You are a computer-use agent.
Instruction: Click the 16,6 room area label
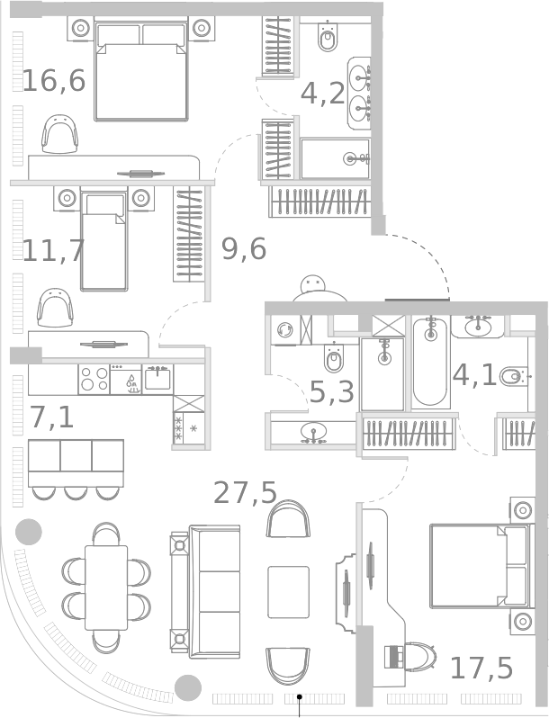point(53,81)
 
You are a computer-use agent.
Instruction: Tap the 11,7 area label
point(53,251)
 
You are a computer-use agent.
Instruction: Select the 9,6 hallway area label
point(243,249)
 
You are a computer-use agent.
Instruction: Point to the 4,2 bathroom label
point(322,94)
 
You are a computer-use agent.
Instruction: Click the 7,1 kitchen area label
point(51,417)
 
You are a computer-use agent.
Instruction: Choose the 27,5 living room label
point(245,493)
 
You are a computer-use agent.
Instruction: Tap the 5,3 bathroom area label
point(332,392)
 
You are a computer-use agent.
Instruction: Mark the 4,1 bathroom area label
point(474,374)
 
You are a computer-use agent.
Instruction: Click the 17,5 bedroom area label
point(481,669)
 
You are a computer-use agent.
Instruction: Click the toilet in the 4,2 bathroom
point(328,39)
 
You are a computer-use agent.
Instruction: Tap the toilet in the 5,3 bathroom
point(334,358)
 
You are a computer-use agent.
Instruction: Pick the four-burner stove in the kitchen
point(94,379)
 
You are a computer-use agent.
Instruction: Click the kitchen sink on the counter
point(157,378)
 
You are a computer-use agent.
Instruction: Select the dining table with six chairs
point(106,587)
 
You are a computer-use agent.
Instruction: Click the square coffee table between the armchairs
point(288,591)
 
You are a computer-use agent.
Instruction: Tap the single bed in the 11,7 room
point(103,240)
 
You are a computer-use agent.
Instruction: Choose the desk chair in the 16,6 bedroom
point(60,135)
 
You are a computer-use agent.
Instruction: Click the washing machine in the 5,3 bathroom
point(284,330)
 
